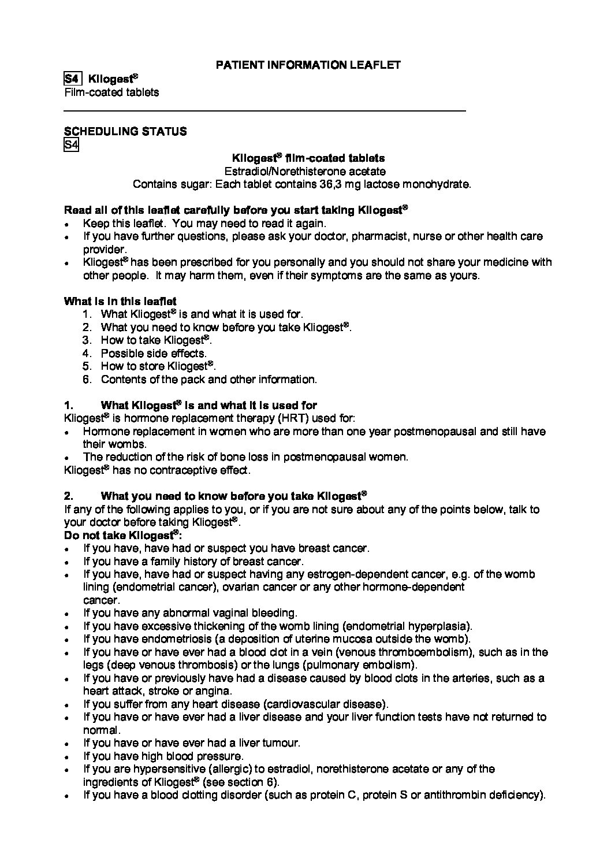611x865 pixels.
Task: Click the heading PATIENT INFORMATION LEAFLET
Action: click(308, 65)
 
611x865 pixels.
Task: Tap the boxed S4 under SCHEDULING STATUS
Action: click(70, 144)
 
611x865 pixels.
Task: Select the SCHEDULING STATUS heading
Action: click(125, 131)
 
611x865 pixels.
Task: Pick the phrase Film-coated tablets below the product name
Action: click(111, 92)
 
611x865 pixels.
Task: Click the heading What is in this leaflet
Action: click(120, 301)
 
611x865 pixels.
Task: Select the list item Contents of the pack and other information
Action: click(208, 380)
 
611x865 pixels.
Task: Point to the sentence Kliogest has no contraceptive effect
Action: click(157, 470)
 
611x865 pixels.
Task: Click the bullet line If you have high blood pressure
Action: click(163, 756)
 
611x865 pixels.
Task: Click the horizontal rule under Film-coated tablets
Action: click(264, 110)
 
